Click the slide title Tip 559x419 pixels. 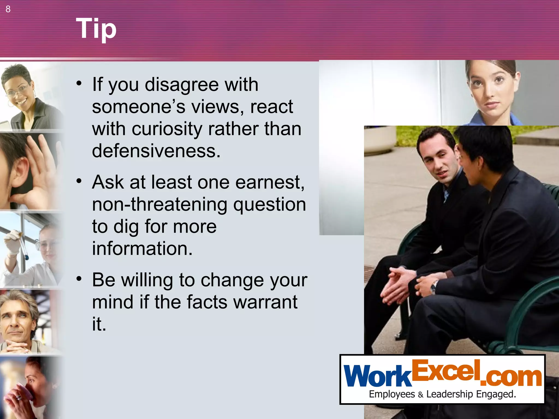point(96,29)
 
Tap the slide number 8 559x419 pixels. point(8,9)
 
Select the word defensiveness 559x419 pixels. point(156,151)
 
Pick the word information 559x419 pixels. point(142,248)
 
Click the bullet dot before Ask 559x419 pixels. point(79,181)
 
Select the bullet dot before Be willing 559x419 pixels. point(79,279)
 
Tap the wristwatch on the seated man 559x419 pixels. point(433,287)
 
